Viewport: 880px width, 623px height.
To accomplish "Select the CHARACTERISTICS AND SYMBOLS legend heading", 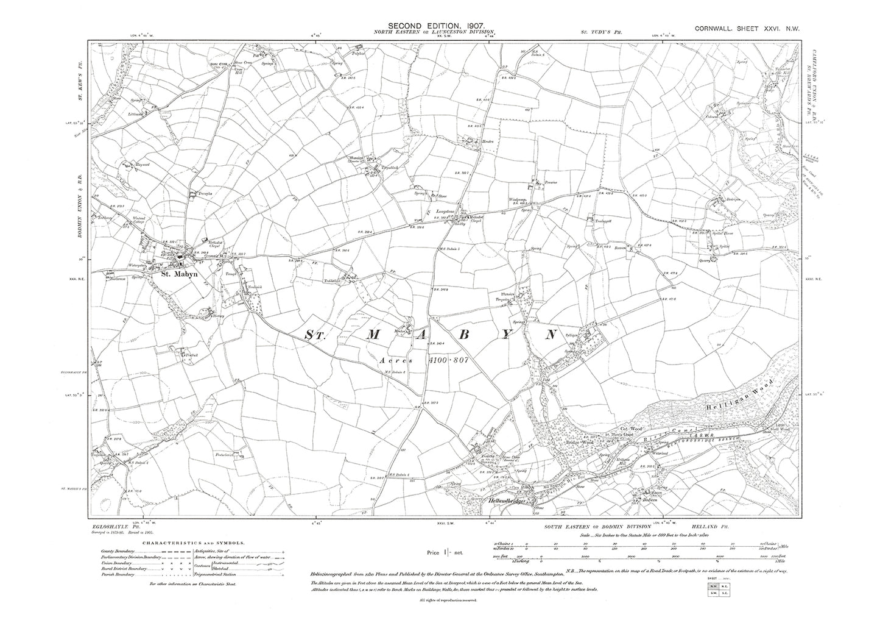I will pos(187,542).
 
